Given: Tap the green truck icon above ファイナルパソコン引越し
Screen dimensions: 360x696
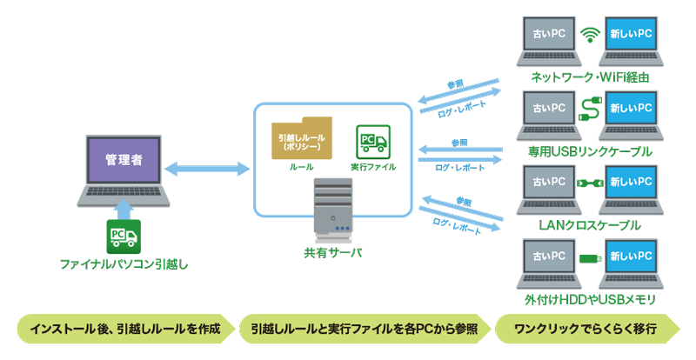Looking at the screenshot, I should coord(124,234).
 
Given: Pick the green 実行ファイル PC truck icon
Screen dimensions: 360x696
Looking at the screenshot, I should coord(373,141).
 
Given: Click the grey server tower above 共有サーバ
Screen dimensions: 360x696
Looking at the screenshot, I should coord(333,209).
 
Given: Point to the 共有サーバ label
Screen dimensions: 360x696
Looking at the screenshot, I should coord(333,252).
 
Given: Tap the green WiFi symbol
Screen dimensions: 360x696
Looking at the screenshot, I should coord(590,36).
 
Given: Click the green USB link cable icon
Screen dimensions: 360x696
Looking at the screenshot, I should coord(590,110).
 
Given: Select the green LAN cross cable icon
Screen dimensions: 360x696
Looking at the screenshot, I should coord(590,183).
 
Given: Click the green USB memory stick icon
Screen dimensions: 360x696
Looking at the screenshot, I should coord(590,258).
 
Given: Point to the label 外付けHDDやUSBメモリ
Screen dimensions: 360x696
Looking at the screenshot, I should coord(590,300).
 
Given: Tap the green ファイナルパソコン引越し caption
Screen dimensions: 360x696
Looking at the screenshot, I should coord(124,262).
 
